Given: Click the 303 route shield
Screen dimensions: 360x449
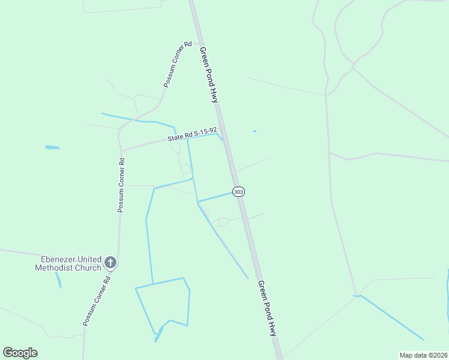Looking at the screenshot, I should (x=239, y=191).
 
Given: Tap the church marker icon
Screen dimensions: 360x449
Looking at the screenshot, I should (x=110, y=262).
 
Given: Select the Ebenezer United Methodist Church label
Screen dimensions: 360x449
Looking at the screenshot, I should (x=71, y=263).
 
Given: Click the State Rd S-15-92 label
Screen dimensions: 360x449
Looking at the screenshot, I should (x=192, y=134).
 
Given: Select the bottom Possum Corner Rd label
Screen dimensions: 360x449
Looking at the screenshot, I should (x=97, y=301).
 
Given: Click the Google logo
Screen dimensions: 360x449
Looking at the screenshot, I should (x=20, y=353).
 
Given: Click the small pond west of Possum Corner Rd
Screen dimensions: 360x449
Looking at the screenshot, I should (x=52, y=147).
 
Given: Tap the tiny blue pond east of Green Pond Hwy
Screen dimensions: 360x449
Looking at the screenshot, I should (x=255, y=131).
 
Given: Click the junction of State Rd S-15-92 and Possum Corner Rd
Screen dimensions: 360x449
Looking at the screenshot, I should (x=121, y=151).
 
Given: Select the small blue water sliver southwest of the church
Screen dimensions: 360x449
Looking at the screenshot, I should (x=58, y=280).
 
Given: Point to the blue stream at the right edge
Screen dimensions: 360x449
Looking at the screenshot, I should (x=447, y=294).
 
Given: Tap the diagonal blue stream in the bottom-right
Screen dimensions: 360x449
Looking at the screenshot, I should (x=390, y=317).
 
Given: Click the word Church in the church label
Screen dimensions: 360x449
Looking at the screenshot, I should (x=88, y=268).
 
